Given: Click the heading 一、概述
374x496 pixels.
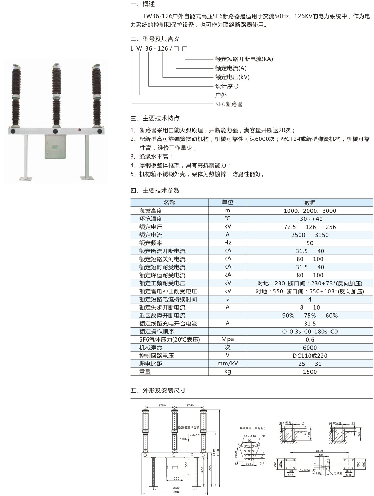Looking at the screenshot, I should point(142,4).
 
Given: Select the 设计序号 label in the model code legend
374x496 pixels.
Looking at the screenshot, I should point(227,86).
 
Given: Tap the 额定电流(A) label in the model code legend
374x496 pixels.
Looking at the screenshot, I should point(231,68).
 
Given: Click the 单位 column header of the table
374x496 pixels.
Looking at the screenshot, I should point(228,203).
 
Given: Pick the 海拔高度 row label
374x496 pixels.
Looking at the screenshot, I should point(151,211).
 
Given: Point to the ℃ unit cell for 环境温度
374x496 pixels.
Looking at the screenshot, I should point(228,219).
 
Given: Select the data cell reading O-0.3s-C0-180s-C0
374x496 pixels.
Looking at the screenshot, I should point(310,332).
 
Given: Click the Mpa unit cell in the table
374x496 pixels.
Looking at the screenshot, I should point(228,339).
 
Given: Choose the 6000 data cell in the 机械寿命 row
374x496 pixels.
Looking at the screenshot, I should point(310,348).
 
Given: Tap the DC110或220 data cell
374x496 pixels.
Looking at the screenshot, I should point(310,356).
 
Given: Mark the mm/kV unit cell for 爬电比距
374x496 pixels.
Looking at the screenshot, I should point(228,364).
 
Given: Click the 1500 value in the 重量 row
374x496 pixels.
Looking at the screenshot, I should point(310,372).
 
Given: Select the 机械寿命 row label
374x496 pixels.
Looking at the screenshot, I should point(151,348).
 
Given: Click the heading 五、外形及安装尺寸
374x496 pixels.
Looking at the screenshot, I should point(158,391).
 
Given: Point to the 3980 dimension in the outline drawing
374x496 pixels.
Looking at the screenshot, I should point(176,492).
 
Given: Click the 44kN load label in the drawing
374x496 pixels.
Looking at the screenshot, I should point(183,439).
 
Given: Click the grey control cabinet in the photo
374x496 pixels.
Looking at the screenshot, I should point(55,147).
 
